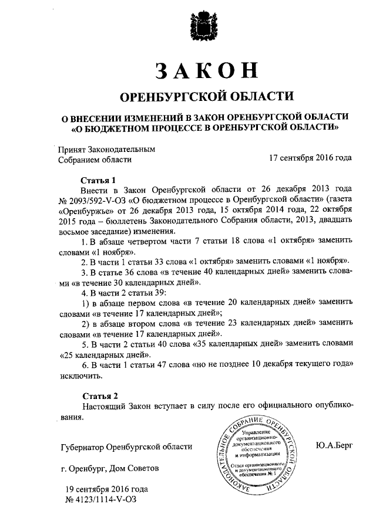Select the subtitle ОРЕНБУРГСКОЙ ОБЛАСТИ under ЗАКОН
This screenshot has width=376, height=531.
(205, 96)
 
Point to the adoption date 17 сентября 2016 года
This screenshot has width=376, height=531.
(310, 158)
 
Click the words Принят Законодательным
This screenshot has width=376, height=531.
(106, 148)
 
